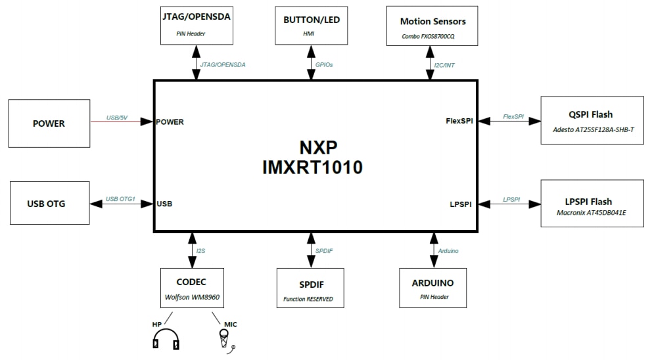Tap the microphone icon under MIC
click(225, 338)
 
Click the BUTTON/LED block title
click(312, 20)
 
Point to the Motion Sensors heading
click(432, 22)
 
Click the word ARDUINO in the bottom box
click(432, 283)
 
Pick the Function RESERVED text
click(308, 299)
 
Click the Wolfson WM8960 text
click(191, 297)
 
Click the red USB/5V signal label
click(118, 118)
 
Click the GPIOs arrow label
click(324, 64)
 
